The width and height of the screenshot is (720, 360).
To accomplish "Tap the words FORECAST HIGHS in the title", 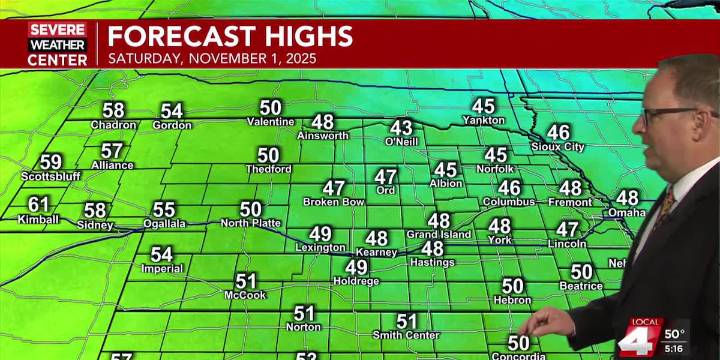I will click(230, 36).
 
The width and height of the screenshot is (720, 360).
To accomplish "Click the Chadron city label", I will click(113, 125).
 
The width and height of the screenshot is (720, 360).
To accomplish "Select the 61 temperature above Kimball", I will click(39, 204).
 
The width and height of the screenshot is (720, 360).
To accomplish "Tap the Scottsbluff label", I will click(47, 177).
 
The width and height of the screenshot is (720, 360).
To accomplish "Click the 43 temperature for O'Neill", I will click(401, 128).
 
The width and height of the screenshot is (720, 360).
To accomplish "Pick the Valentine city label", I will click(271, 122).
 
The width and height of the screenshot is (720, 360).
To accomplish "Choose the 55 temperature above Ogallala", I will click(163, 210).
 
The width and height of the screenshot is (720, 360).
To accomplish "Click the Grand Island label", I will click(437, 234).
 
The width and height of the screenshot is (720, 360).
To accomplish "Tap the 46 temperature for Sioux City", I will click(558, 132).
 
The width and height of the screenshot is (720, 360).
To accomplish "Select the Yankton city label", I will click(483, 120).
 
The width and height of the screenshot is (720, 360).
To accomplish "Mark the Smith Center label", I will click(405, 335).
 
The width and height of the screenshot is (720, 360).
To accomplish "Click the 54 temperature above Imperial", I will click(161, 254).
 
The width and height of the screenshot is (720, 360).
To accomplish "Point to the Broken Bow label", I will click(333, 202).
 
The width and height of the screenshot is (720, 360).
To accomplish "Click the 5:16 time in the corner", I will click(675, 349).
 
